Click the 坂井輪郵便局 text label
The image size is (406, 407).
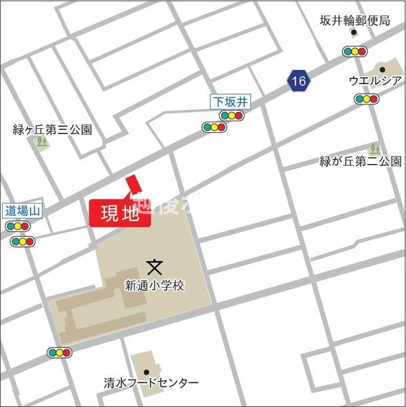pos(355,20)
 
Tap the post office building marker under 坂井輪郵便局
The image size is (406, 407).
pos(353,33)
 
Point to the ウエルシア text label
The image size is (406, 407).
pos(375,81)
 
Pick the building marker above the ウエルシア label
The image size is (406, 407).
pos(382,69)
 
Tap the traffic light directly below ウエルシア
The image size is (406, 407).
pos(367,99)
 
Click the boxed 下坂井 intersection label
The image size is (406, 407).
pos(230,102)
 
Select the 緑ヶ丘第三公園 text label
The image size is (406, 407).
pos(53,130)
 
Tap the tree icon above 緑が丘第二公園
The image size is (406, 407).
pos(373,149)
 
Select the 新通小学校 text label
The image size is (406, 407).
pos(155,286)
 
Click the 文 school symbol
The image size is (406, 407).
pos(155,266)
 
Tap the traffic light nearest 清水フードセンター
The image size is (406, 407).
pos(60,353)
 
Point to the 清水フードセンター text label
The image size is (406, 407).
pos(152,383)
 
